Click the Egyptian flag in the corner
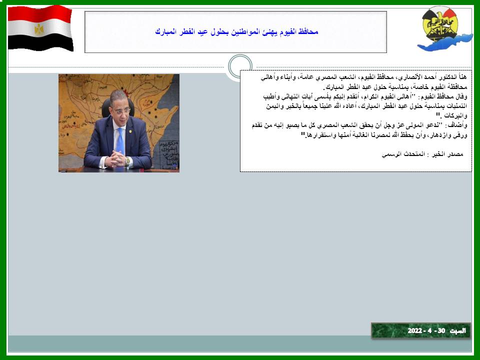click(40, 28)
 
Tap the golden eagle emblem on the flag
click(39, 29)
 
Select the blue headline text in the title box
click(236, 31)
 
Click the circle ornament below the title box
click(240, 66)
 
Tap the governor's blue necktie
click(120, 141)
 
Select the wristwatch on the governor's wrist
click(127, 161)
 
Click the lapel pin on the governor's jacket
click(130, 132)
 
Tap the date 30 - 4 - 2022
click(426, 331)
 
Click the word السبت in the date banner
click(457, 331)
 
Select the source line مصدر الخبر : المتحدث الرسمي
click(422, 154)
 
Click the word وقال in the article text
click(462, 96)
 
